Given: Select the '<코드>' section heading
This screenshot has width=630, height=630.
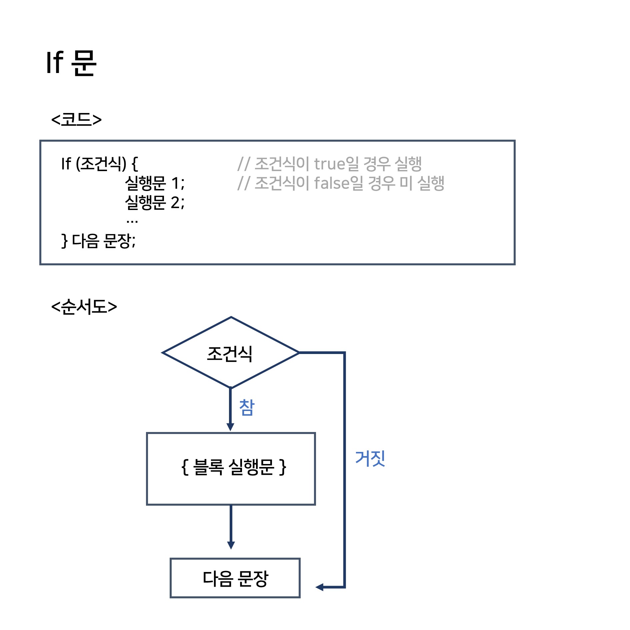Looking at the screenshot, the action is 76,119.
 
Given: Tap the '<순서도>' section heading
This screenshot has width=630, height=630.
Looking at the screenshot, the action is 84,306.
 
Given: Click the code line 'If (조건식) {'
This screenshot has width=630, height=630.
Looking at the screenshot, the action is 99,163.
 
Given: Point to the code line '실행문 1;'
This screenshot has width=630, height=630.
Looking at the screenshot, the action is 154,183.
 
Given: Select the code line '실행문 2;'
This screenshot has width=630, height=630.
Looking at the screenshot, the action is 154,202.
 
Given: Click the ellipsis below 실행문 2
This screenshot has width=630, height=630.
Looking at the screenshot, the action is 132,221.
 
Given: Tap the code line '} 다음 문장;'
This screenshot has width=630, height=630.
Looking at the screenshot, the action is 99,240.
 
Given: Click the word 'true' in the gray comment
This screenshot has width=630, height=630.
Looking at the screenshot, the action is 329,164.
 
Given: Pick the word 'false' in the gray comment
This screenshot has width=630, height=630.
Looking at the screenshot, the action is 332,183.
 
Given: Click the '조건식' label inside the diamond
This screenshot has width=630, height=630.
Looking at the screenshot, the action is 230,353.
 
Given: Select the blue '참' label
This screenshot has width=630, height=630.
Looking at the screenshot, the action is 247,407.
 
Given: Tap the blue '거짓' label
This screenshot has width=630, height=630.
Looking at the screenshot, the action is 370,458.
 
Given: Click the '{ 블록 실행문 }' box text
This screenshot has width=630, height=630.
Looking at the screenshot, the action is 234,467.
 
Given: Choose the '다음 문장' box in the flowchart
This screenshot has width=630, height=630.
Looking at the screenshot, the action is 235,578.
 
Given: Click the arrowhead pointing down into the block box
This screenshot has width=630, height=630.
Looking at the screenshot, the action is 230,427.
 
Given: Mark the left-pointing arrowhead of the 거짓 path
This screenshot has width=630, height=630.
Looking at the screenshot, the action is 319,587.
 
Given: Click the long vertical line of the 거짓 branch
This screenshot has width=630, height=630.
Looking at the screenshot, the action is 344,467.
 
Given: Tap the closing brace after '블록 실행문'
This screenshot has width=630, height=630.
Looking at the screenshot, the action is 283,467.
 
